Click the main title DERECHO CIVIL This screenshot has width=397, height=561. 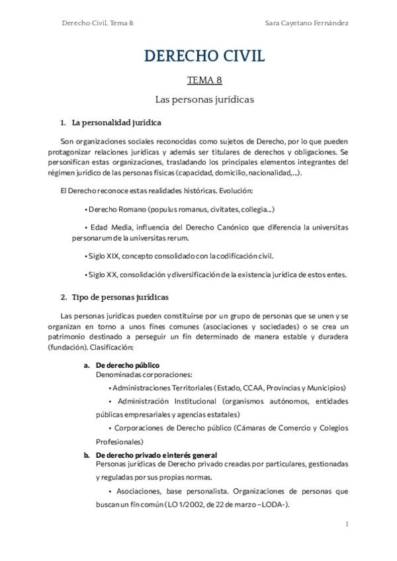(x=204, y=57)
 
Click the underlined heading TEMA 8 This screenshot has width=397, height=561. (x=204, y=81)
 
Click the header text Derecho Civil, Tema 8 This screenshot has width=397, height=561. (x=97, y=22)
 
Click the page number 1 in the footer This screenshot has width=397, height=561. (x=347, y=524)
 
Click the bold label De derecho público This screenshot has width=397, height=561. (x=128, y=365)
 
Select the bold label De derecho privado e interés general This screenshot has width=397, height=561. (x=156, y=455)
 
